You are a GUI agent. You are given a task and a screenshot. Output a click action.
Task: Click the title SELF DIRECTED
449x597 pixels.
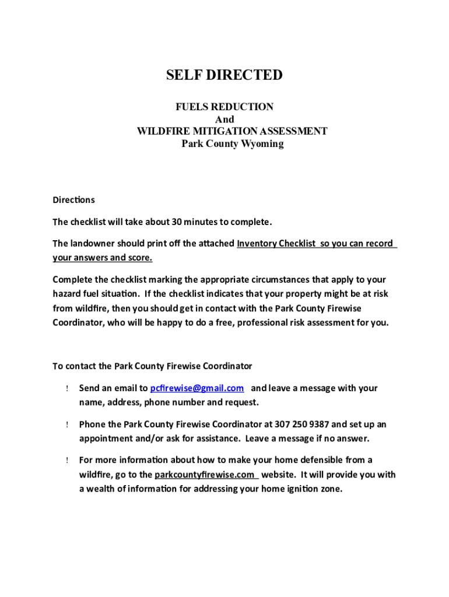tap(224, 75)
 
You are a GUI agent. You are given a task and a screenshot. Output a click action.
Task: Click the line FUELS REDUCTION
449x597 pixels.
tap(224, 107)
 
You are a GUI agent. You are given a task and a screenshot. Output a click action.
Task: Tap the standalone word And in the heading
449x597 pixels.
tap(224, 120)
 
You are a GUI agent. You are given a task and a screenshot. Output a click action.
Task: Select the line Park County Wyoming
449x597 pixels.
tap(232, 143)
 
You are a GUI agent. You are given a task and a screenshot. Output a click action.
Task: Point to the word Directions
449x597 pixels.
tap(73, 200)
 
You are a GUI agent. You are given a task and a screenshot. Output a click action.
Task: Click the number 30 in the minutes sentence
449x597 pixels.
tap(177, 222)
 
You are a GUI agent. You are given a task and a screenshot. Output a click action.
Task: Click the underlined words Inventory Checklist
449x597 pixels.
tap(276, 243)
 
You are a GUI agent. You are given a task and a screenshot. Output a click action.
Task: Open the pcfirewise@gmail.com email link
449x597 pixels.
tap(197, 388)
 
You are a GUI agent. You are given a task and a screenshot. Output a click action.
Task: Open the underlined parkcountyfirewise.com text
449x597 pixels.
tap(204, 475)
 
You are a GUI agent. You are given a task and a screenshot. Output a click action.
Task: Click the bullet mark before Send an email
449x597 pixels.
tap(68, 389)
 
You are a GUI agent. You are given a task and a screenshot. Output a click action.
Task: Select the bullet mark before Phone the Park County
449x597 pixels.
tap(68, 425)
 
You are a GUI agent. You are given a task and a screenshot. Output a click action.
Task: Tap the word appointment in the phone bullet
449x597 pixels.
tap(104, 438)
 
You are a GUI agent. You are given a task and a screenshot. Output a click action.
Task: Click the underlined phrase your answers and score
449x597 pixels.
tap(103, 258)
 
